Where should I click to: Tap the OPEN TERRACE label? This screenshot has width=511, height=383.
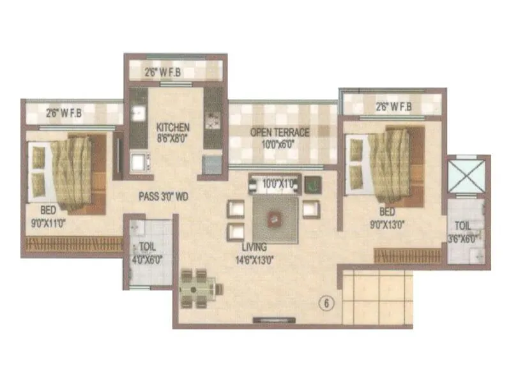click(279, 132)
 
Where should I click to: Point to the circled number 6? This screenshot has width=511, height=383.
click(326, 304)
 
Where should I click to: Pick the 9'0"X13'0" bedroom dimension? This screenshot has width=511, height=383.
click(388, 223)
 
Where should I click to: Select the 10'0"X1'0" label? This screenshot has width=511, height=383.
click(278, 184)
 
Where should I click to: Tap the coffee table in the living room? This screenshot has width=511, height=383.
click(275, 217)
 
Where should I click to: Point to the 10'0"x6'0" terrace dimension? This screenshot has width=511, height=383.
click(279, 143)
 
